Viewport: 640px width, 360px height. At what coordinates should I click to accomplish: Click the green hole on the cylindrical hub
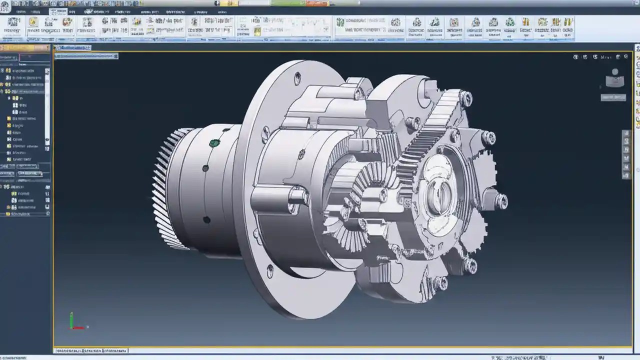click(x=214, y=143)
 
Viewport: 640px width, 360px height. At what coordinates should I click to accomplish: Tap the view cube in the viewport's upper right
click(x=614, y=78)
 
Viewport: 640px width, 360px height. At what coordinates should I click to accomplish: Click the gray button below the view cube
click(x=613, y=97)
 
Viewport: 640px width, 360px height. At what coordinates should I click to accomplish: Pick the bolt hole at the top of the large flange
click(x=297, y=78)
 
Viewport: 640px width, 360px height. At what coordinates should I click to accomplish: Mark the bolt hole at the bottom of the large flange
click(x=270, y=271)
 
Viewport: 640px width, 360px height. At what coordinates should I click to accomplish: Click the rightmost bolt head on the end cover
click(x=500, y=201)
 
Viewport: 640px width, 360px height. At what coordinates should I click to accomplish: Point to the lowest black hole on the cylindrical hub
click(x=206, y=219)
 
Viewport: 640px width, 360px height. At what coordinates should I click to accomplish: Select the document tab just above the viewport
click(x=73, y=47)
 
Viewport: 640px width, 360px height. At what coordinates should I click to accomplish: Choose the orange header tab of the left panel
click(x=25, y=48)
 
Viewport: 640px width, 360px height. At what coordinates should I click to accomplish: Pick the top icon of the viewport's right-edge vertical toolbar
click(x=626, y=134)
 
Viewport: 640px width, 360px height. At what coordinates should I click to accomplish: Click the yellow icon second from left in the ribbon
click(x=33, y=22)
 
